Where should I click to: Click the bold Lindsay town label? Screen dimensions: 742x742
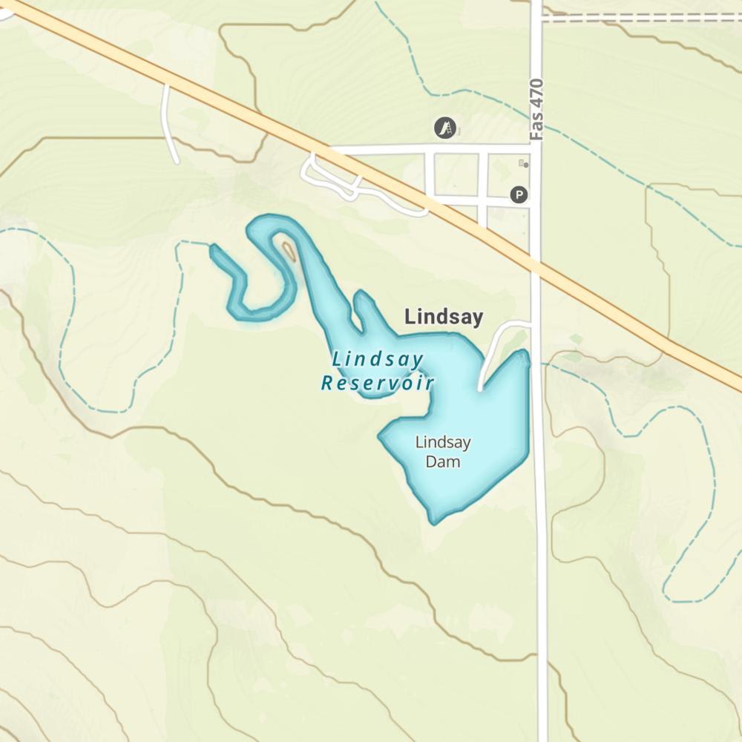[x=443, y=318]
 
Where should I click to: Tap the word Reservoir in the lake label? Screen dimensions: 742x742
[x=377, y=383]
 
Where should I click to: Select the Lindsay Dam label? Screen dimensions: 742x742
[x=442, y=452]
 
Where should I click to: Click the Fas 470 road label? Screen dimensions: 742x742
[x=537, y=109]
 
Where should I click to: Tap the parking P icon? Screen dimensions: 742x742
[x=519, y=195]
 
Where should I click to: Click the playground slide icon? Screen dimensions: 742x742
[x=445, y=128]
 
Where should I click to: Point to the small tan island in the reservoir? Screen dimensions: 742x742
[x=287, y=250]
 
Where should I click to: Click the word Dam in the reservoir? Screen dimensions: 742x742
[x=442, y=462]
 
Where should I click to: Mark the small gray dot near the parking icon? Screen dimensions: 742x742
[x=526, y=165]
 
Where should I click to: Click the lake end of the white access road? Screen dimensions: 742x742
[x=481, y=387]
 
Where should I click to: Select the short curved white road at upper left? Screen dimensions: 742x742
[x=169, y=122]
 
